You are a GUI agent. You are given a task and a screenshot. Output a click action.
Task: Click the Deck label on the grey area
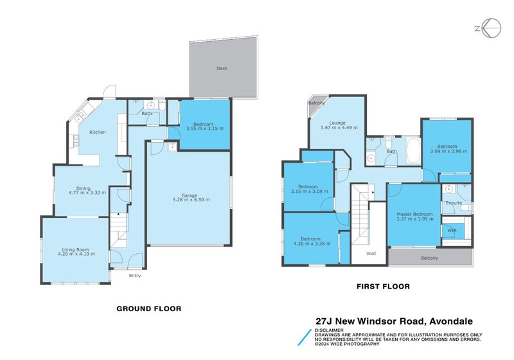pos(222,68)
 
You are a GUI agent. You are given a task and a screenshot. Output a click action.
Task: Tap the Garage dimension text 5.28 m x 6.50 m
pos(191,200)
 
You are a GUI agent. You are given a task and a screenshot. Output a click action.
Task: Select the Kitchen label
pos(98,132)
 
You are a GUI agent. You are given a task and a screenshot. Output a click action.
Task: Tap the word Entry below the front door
pos(134,276)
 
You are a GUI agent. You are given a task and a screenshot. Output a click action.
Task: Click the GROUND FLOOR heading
pos(148,309)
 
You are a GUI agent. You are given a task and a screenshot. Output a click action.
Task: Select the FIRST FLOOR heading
pos(383,286)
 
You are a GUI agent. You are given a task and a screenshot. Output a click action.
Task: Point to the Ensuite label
pos(454,203)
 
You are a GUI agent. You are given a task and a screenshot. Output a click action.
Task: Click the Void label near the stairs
pos(371,253)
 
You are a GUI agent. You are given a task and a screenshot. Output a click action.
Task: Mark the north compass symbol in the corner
pos(492,28)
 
